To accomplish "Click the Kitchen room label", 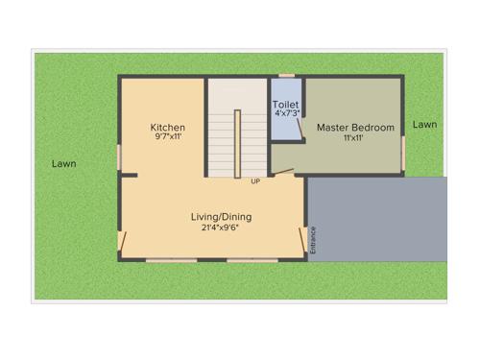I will (x=168, y=128).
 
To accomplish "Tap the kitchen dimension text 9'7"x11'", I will (x=168, y=137).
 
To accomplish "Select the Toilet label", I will (x=285, y=104).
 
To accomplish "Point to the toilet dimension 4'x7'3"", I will (x=286, y=113).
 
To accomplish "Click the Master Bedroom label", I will (x=355, y=128).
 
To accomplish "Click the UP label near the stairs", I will (x=255, y=181).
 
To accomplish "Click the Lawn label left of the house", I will (x=64, y=164).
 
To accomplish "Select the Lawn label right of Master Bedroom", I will (x=425, y=125).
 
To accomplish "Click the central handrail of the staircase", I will (x=237, y=143).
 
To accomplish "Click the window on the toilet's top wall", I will (x=286, y=76).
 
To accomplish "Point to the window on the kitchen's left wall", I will (x=119, y=157).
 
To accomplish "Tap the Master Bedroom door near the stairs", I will (x=282, y=173).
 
